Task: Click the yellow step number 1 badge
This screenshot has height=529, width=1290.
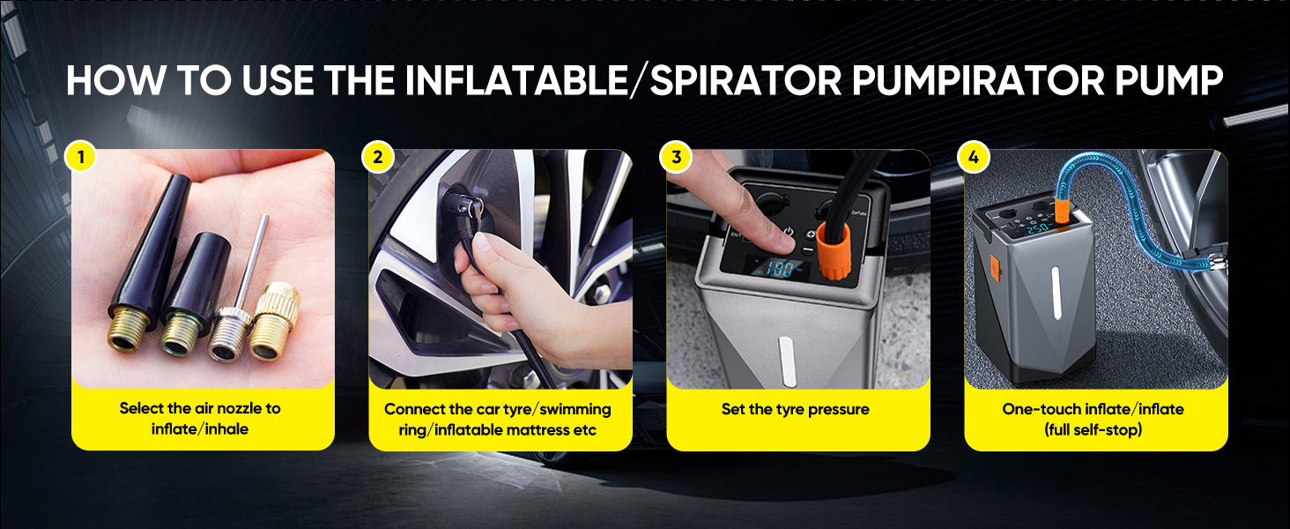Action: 80,157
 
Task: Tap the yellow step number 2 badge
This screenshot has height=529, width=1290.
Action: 378,157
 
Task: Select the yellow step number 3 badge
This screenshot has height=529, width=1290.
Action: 676,157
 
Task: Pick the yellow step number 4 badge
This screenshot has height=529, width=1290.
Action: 973,157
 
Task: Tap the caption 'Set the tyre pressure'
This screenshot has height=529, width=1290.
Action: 796,409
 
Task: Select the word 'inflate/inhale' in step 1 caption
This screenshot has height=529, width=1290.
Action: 200,429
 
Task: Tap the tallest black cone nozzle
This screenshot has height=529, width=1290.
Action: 150,256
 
